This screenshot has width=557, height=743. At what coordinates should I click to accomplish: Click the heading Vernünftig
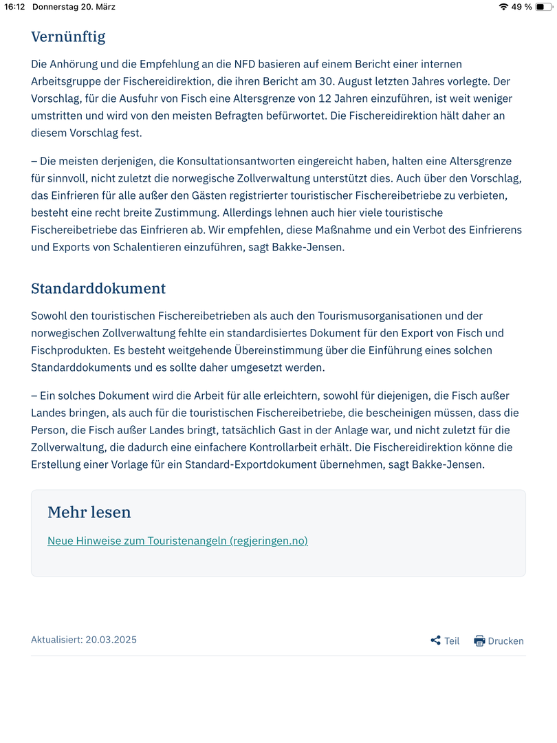point(68,36)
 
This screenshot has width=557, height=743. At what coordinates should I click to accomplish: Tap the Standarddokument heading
point(98,288)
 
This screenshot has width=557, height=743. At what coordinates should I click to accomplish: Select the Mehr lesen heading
point(89,512)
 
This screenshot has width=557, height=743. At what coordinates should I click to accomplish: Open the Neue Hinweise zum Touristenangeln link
point(177,541)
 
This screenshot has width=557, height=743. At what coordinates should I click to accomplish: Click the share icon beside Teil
point(435,640)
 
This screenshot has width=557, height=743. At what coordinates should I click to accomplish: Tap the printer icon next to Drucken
point(479,640)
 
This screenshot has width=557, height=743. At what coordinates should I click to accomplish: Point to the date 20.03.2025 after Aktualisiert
point(111,640)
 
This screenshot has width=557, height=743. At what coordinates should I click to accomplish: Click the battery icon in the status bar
point(543,7)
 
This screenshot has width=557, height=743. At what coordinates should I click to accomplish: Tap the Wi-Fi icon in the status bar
point(503,7)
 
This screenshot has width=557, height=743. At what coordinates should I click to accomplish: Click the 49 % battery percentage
point(522,7)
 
